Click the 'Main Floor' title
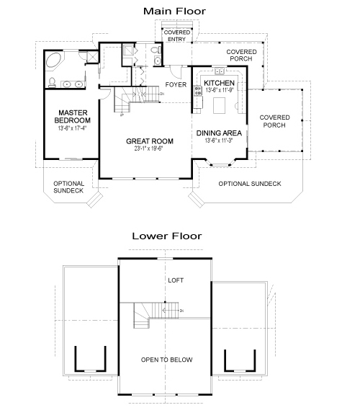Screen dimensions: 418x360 tap(174, 11)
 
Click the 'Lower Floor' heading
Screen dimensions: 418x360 tap(166, 236)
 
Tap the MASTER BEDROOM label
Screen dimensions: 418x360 tap(73, 117)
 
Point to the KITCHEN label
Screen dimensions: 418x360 tap(220, 84)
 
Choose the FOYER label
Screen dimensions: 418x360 tap(176, 85)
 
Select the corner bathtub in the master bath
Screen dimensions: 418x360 tap(55, 61)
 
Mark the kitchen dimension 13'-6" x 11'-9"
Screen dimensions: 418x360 tap(220, 92)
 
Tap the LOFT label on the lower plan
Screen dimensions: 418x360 tap(176, 280)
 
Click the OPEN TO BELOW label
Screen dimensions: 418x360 tap(166, 360)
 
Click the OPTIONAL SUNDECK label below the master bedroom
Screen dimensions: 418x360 tap(69, 188)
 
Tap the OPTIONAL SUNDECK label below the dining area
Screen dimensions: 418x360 tap(250, 184)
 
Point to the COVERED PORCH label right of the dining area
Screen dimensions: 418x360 tap(274, 121)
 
